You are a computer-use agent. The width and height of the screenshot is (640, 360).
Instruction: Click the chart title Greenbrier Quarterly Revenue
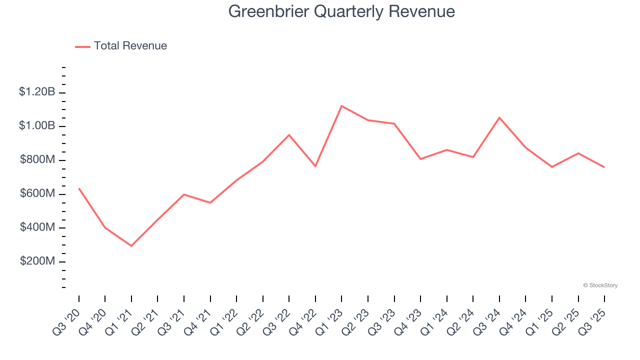point(341,11)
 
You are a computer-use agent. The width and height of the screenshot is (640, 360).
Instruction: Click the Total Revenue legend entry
point(121,46)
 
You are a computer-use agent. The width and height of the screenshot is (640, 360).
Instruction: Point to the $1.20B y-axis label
point(36,92)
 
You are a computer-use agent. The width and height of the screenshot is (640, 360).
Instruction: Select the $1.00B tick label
point(36,126)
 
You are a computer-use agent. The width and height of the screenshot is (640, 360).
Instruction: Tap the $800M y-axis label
point(37,160)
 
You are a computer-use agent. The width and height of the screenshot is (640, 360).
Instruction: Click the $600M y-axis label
point(37,194)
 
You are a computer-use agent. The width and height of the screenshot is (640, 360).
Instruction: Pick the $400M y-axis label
point(37,228)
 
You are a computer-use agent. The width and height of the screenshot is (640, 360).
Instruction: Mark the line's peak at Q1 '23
point(341,105)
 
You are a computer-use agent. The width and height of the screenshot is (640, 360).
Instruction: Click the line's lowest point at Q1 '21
point(131,246)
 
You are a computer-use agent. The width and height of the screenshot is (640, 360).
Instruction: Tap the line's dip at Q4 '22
point(315,166)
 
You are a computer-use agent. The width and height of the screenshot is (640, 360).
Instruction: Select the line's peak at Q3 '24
point(499,117)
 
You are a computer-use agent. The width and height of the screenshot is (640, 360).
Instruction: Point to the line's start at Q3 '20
point(79,188)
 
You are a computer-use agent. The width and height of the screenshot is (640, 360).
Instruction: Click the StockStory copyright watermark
point(600,285)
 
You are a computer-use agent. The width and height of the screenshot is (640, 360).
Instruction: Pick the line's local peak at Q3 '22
point(289,135)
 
